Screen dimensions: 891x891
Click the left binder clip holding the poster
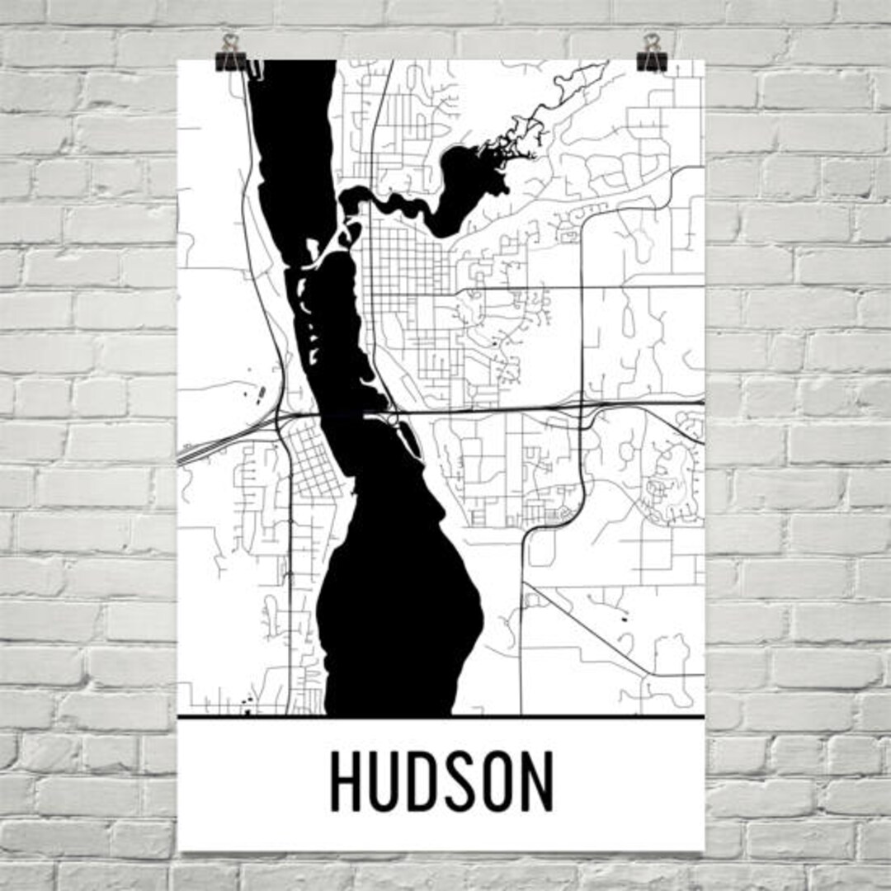(230, 54)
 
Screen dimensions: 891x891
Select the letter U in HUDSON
(386, 782)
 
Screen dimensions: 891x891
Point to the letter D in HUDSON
(424, 782)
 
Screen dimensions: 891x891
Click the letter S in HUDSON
(460, 782)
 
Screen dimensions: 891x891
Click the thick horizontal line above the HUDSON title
(441, 717)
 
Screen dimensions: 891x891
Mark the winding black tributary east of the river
(450, 194)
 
